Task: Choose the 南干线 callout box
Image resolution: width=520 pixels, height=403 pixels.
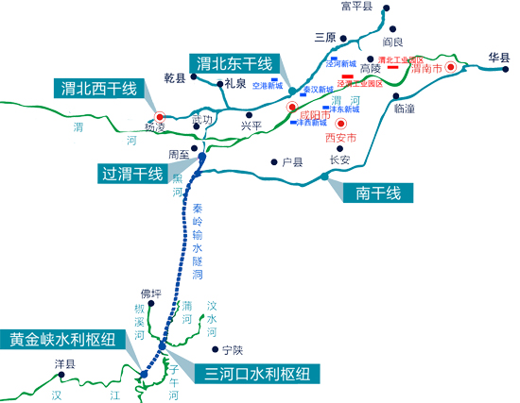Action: [x=378, y=193]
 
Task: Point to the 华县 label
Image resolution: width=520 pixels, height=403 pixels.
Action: [x=498, y=56]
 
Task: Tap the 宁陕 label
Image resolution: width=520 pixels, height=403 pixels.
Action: [x=219, y=350]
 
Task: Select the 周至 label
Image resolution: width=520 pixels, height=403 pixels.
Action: [x=180, y=153]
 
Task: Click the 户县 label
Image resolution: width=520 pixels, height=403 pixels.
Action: [x=292, y=162]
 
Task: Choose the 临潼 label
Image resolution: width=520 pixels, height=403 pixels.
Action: [x=405, y=108]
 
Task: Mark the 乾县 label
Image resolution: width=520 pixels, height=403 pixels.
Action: [x=175, y=78]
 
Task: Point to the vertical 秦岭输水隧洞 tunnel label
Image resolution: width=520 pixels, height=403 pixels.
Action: [x=197, y=241]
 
